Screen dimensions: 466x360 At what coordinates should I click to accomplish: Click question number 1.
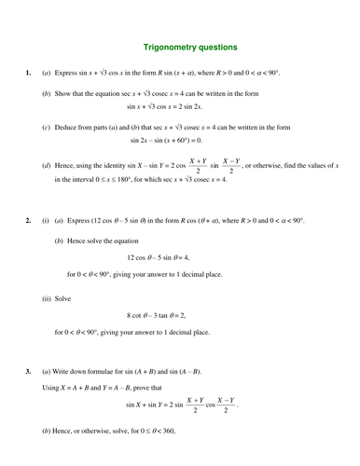click(x=29, y=71)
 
